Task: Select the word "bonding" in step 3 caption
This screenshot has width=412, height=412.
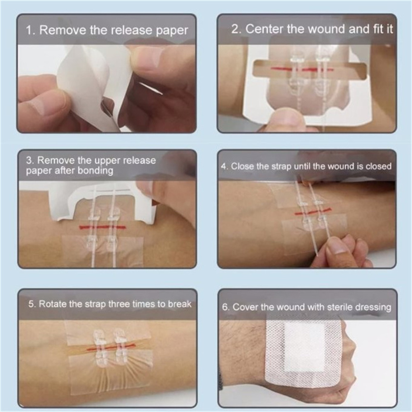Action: pyautogui.click(x=95, y=171)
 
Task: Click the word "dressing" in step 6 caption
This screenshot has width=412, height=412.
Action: pyautogui.click(x=373, y=307)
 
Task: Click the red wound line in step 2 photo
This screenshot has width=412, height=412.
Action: pyautogui.click(x=302, y=69)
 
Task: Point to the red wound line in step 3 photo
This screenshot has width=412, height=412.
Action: pyautogui.click(x=102, y=227)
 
